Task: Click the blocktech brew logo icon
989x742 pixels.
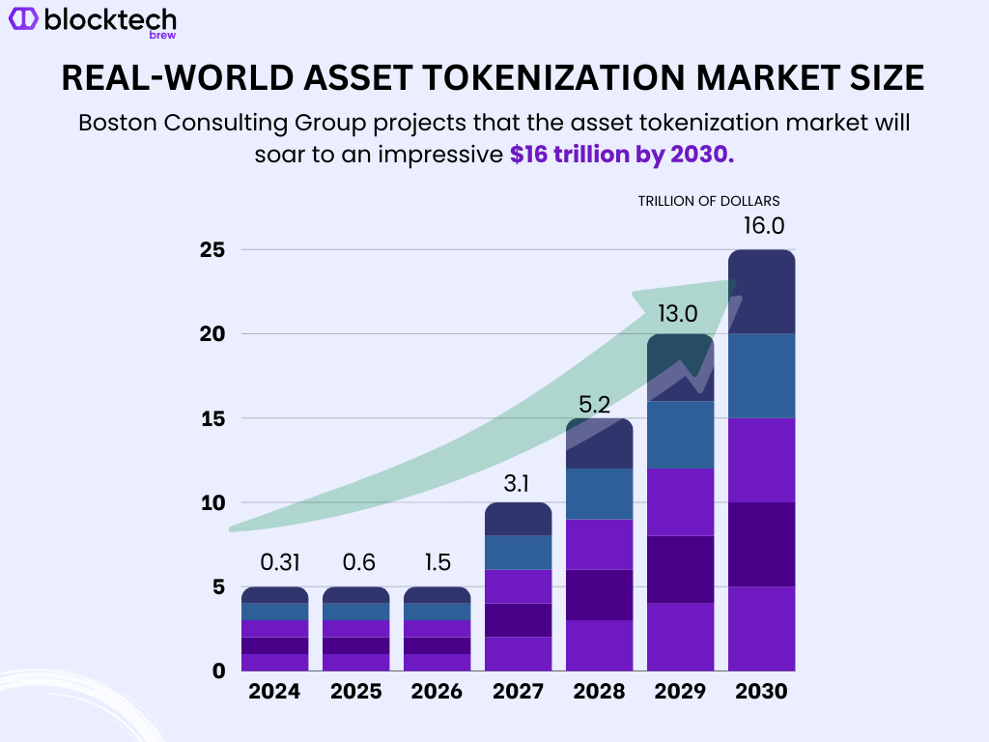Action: tap(22, 18)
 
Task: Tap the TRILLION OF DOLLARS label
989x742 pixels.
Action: tap(708, 201)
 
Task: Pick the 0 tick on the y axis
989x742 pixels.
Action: tap(218, 671)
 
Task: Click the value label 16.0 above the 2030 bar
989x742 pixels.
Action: tap(763, 226)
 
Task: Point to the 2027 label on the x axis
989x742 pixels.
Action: tap(518, 692)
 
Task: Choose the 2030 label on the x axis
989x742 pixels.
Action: tap(761, 692)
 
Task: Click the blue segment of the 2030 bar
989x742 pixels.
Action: tap(761, 376)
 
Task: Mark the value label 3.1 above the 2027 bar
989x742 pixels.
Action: tap(518, 480)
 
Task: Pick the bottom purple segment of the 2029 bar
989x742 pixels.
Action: tap(680, 636)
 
